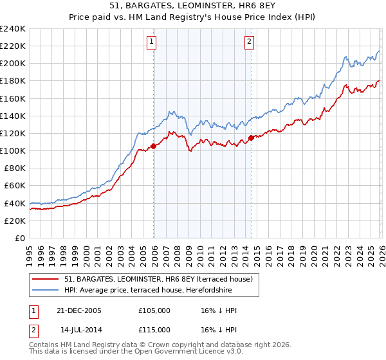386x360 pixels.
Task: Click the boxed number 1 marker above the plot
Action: click(151, 42)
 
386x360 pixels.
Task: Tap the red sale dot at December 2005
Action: click(154, 146)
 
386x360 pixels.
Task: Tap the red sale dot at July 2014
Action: click(251, 138)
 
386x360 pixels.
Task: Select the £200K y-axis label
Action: click(13, 64)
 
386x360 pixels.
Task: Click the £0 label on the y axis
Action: click(19, 238)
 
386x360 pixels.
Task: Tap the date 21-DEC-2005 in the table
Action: click(78, 310)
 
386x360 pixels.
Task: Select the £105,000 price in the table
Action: click(154, 310)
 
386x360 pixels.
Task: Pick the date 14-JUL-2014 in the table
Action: click(78, 330)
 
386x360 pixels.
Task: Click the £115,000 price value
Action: click(154, 330)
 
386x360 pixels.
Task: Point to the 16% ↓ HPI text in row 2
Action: click(218, 330)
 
